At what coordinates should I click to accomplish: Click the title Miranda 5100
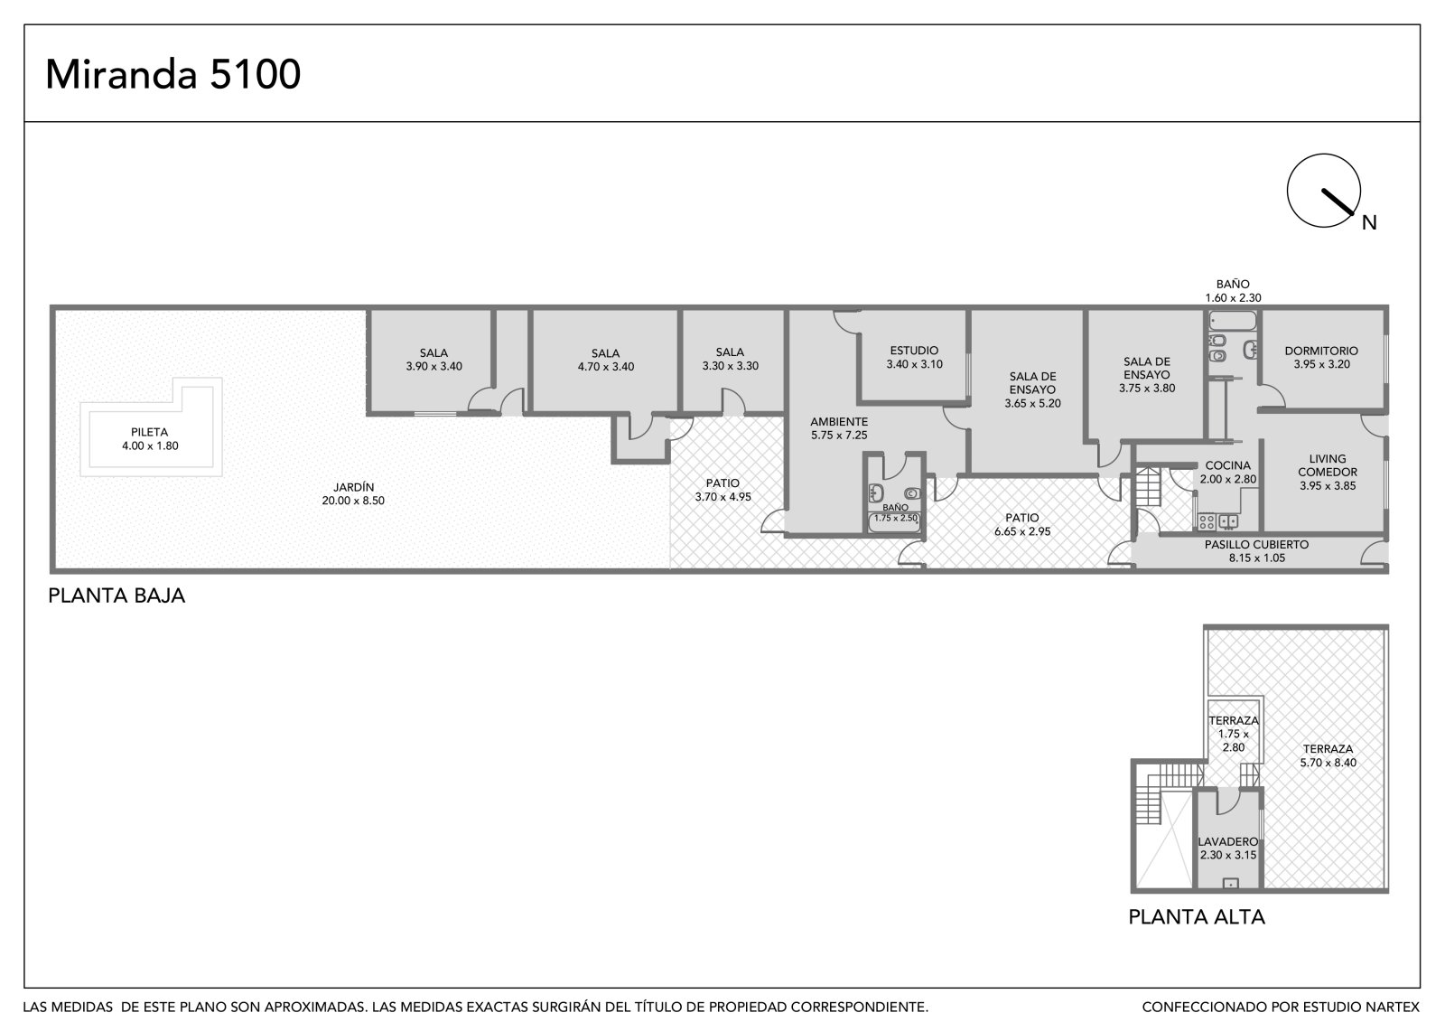172,74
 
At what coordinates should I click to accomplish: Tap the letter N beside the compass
1369,222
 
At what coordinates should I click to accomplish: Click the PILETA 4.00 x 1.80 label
150,439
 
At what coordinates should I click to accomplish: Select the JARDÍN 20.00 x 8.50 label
353,494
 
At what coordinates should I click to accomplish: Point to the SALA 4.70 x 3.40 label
606,361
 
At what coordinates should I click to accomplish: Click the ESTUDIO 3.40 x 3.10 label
914,357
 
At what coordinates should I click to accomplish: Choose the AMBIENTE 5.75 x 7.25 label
839,428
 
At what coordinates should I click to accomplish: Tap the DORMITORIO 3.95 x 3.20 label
1322,357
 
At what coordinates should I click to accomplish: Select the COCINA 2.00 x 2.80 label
1228,472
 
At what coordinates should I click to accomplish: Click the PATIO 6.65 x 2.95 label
1022,524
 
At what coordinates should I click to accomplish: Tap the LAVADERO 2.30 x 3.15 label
1228,849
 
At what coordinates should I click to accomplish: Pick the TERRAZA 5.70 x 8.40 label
1328,755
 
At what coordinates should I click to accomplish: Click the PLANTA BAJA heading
117,595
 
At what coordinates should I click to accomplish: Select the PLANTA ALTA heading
1197,917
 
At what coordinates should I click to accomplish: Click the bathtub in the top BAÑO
1233,321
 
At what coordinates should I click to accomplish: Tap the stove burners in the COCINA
1207,521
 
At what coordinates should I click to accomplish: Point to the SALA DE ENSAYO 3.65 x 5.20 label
1032,389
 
